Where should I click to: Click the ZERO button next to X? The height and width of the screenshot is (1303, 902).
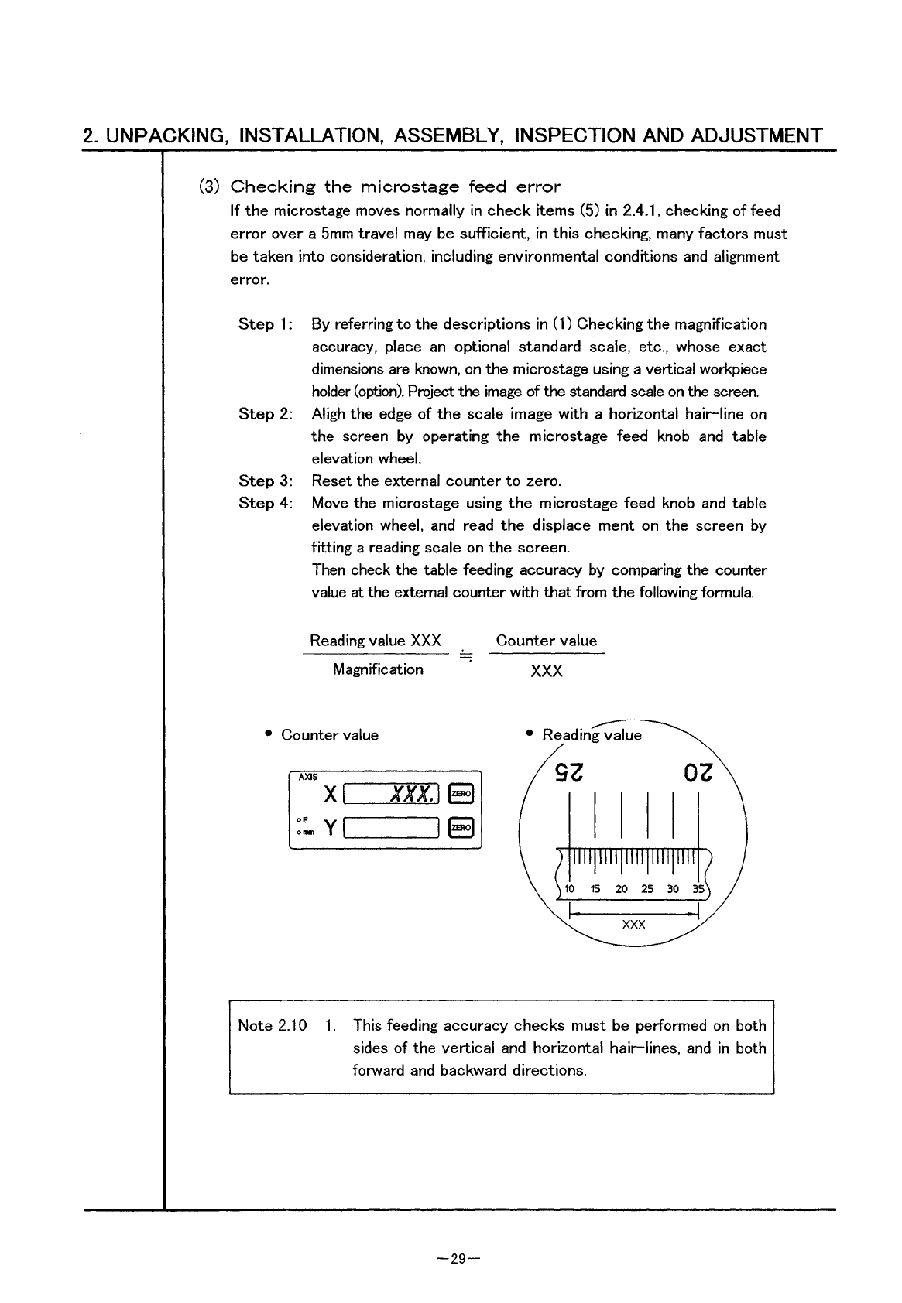click(x=461, y=794)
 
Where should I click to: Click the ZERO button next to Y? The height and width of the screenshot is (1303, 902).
click(x=461, y=828)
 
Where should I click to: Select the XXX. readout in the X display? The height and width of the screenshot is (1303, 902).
click(x=415, y=794)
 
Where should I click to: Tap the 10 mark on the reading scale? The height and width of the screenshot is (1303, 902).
click(x=570, y=888)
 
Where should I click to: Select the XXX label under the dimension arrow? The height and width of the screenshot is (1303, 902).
click(x=633, y=925)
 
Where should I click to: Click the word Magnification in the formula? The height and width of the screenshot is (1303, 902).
click(x=378, y=669)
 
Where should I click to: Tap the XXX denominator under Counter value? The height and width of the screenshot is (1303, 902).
click(x=547, y=671)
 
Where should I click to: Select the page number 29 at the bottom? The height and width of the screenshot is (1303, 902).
click(x=458, y=1259)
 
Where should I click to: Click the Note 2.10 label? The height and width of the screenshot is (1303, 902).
click(x=272, y=1026)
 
